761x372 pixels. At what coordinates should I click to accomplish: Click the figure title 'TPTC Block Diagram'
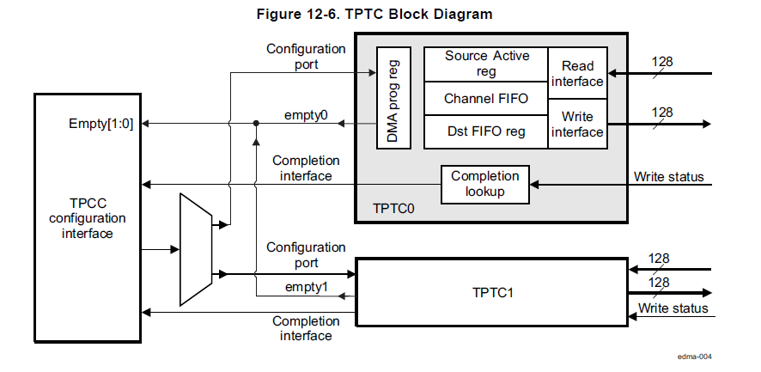(x=374, y=15)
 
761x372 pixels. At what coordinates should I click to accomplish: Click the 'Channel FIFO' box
(x=486, y=99)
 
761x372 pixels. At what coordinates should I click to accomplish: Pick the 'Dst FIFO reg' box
(x=486, y=131)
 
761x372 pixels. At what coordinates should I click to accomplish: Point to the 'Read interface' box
(x=577, y=73)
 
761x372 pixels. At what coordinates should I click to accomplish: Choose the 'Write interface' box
(x=577, y=124)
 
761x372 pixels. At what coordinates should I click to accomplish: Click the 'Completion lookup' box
(x=485, y=184)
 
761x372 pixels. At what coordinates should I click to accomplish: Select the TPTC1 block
(x=492, y=292)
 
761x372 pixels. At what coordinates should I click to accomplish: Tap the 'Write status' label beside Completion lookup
(x=668, y=177)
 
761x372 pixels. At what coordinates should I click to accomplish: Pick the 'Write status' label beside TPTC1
(x=673, y=308)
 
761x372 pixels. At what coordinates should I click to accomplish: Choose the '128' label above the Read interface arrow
(x=661, y=62)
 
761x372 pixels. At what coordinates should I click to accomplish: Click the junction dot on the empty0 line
(x=256, y=124)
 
